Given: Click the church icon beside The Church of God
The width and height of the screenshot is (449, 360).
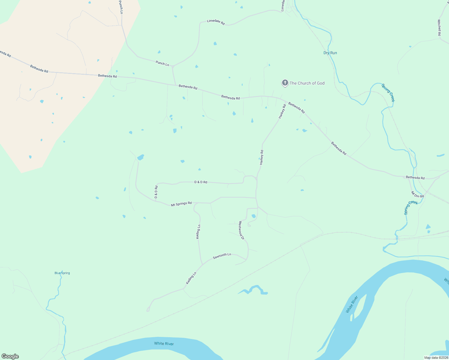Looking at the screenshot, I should [x=285, y=83].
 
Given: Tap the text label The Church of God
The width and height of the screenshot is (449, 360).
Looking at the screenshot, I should [x=307, y=83].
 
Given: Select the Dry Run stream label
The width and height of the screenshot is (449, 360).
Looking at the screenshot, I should [x=330, y=53].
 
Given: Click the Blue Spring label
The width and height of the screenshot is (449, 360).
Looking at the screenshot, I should [x=62, y=273].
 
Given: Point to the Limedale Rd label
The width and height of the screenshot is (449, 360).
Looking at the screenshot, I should [x=216, y=22].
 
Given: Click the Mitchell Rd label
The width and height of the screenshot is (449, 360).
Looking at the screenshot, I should [x=439, y=28].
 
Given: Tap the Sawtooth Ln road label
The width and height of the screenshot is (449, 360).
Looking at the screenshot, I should [x=222, y=256].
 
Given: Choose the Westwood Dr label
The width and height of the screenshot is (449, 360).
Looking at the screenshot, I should [x=241, y=230].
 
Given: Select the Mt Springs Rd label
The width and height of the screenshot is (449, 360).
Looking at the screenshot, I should [x=181, y=204].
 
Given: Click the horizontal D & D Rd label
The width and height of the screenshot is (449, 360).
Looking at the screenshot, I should [x=201, y=182].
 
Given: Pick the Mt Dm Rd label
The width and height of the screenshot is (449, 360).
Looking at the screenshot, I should [x=417, y=194].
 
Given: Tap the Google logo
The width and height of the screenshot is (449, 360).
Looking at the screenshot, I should [x=10, y=356].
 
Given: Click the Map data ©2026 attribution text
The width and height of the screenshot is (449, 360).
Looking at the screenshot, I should [x=436, y=358].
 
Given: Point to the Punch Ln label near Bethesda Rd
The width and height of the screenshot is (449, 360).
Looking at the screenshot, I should [x=162, y=63].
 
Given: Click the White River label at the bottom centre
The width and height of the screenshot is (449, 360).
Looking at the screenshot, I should [x=164, y=343].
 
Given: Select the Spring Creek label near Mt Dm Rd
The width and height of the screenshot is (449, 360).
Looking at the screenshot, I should [x=411, y=207].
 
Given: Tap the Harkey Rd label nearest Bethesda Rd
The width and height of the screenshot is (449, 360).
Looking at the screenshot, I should [x=282, y=111].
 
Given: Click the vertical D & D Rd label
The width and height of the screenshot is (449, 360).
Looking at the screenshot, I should [x=156, y=192].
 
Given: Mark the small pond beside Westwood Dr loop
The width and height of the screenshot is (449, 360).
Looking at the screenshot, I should [x=254, y=216].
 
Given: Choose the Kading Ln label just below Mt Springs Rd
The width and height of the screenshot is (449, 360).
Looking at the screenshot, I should [x=198, y=232].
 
